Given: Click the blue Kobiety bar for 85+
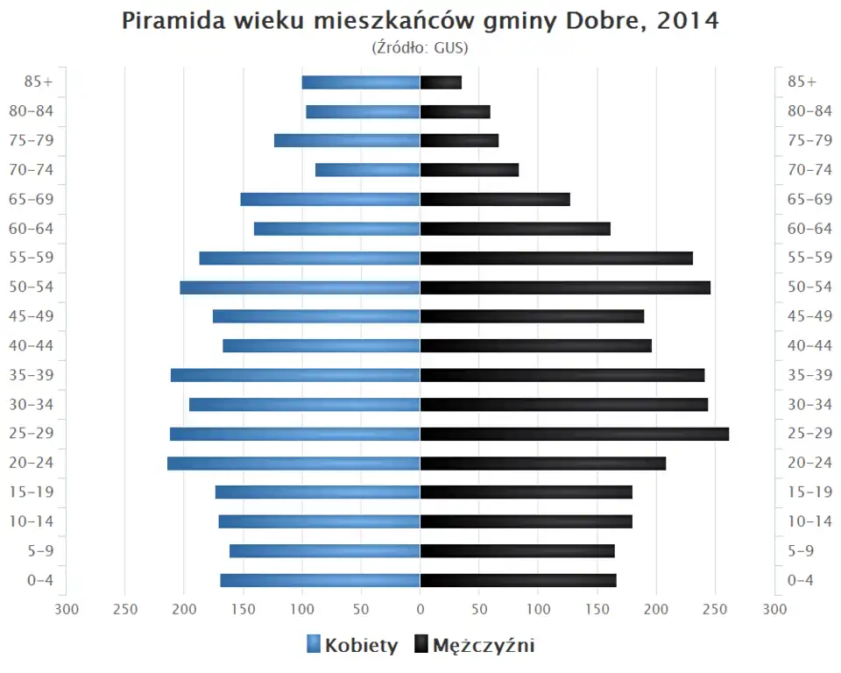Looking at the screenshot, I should (x=361, y=82).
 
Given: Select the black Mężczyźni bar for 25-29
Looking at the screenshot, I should (x=574, y=434).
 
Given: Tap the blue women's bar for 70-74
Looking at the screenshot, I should (x=368, y=170).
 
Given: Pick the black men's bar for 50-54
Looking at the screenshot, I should (x=565, y=287).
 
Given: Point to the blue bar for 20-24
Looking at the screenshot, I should (x=293, y=464).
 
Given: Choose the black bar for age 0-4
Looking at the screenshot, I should (x=518, y=580).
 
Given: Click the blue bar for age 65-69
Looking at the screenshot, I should (x=330, y=199).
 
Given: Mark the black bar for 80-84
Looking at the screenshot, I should (x=455, y=111).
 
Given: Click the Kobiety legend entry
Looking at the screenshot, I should (x=352, y=646).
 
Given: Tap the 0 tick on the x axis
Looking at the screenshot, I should (x=420, y=608).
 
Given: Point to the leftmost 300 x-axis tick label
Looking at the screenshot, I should (x=66, y=608).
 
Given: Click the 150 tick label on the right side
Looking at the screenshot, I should (x=597, y=608).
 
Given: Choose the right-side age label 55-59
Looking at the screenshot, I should (x=809, y=258).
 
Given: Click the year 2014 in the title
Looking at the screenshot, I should (x=687, y=21).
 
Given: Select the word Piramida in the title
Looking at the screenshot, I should (x=171, y=21).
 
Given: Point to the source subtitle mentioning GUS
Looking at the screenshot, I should (x=420, y=47).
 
